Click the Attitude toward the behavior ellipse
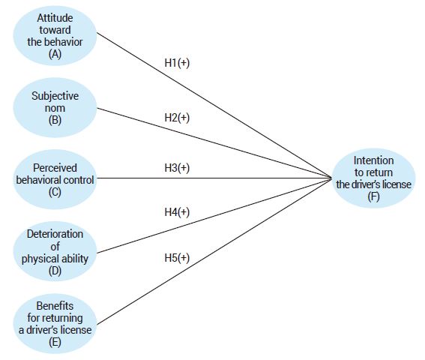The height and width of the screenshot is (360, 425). pos(54,36)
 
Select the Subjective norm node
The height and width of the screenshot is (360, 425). pos(54,106)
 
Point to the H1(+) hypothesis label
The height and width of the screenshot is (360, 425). pos(177,64)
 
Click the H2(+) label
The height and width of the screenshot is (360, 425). pos(177,118)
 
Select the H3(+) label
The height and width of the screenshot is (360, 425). pos(177,167)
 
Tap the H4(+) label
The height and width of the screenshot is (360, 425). pos(177,212)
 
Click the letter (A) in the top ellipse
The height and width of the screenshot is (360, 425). pos(54,54)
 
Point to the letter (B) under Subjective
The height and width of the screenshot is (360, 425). pos(54,118)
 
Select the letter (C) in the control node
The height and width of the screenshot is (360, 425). pos(54,191)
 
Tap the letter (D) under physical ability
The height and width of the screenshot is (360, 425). pos(54,271)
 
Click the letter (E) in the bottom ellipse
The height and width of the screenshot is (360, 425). pos(54,342)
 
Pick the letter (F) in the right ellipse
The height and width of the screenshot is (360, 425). pos(374,196)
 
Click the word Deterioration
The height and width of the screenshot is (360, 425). pos(54,234)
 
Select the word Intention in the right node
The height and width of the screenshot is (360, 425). pos(374,160)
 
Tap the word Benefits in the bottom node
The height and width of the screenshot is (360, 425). pos(54,304)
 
